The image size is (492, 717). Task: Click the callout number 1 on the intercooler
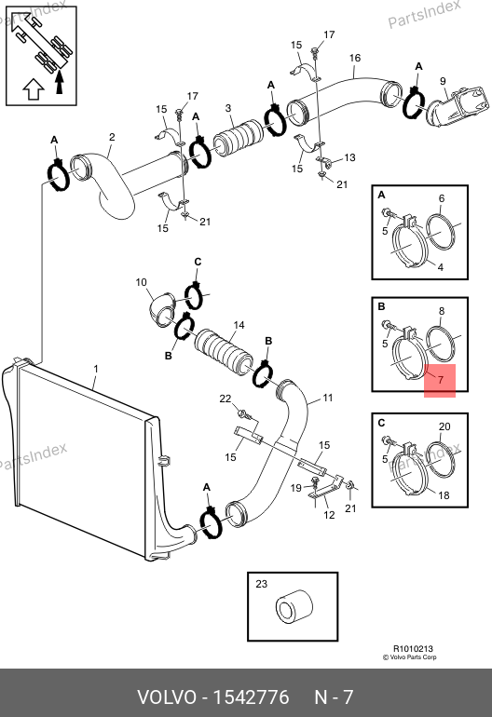coord(96,369)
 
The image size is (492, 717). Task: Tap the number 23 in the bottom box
coord(261,584)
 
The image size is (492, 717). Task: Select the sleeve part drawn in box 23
coord(294,611)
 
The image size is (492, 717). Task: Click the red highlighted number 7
coord(440,380)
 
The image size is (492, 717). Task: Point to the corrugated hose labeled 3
coord(239,137)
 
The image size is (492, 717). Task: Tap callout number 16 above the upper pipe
coord(355,58)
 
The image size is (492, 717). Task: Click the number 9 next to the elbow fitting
coord(443,81)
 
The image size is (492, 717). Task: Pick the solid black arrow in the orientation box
coord(59,82)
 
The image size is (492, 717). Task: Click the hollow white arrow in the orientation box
coord(34,89)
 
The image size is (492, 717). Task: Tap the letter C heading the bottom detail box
coord(381,423)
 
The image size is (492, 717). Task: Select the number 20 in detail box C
coord(444,426)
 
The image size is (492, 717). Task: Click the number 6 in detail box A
coord(441,198)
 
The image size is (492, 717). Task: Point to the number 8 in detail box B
coord(441,311)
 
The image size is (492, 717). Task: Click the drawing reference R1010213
coord(413,648)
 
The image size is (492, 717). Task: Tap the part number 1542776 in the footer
coord(252,697)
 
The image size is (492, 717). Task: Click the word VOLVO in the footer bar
coord(167,697)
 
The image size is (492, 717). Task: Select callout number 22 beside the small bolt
coord(225,399)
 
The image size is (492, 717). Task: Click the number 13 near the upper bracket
coord(349,157)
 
